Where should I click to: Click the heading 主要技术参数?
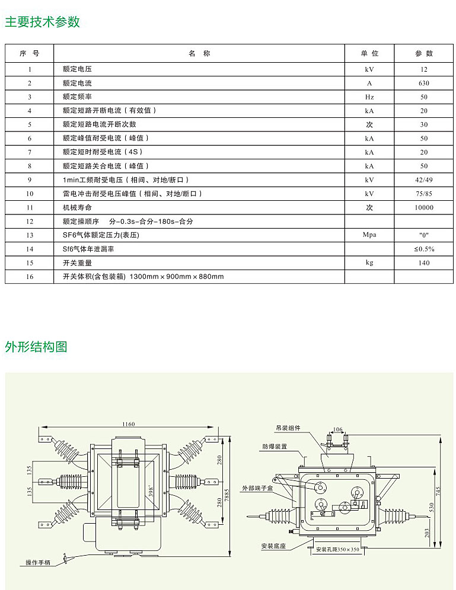tap(42, 22)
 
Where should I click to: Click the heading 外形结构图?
tap(36, 347)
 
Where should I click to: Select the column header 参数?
tap(424, 53)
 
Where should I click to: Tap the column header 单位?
tap(369, 53)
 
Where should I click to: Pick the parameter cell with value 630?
tap(424, 83)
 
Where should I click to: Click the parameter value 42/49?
tap(424, 179)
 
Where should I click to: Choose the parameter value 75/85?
tap(424, 194)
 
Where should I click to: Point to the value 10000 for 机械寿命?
tap(424, 207)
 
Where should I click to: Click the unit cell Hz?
tap(369, 97)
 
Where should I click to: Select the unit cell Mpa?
tap(369, 235)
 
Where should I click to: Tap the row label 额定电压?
tap(77, 69)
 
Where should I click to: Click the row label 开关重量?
tap(77, 262)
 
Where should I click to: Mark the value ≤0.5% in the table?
tap(424, 249)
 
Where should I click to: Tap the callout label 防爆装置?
tap(275, 446)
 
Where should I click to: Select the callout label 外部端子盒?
tap(257, 488)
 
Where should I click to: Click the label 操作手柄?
tap(38, 562)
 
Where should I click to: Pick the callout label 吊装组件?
tap(288, 427)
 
